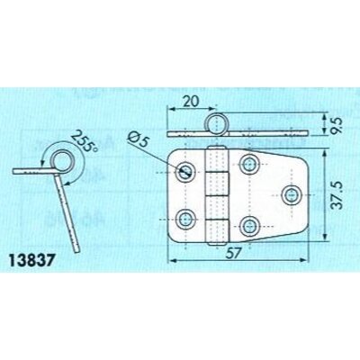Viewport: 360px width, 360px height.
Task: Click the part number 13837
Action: pos(32,261)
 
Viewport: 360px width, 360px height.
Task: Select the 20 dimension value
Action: pos(191,102)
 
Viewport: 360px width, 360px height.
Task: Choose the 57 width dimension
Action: pos(233,254)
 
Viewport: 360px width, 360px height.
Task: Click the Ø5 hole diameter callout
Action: pos(139,139)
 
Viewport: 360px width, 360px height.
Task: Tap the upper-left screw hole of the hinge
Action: pos(185,172)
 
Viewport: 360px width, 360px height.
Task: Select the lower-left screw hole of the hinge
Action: pos(185,220)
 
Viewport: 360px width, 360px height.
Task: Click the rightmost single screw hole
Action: pos(291,195)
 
